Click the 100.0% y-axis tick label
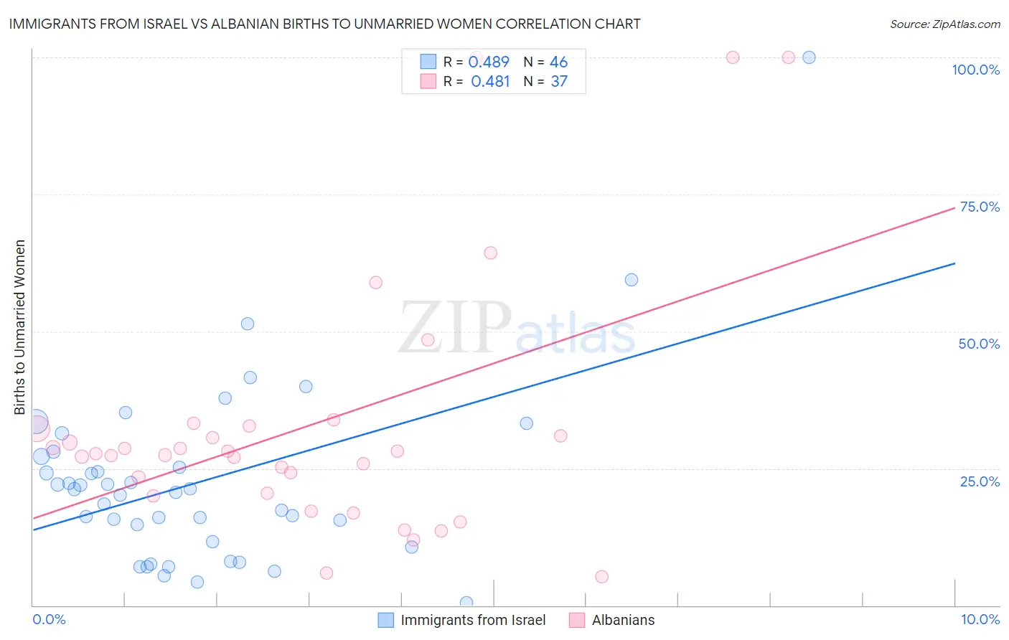point(975,70)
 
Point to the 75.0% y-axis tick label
point(979,207)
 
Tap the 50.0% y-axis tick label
point(979,344)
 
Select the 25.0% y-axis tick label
point(980,481)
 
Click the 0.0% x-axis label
point(49,619)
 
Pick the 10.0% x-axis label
point(980,619)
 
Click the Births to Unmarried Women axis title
point(19,327)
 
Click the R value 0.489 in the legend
point(489,62)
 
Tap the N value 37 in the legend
point(559,82)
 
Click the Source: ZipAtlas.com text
point(944,24)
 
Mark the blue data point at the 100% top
point(809,57)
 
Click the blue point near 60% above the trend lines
point(632,280)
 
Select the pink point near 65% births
point(491,253)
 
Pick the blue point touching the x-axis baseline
point(466,603)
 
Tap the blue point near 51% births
point(248,324)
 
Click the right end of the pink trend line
point(955,207)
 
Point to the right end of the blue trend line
point(955,263)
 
